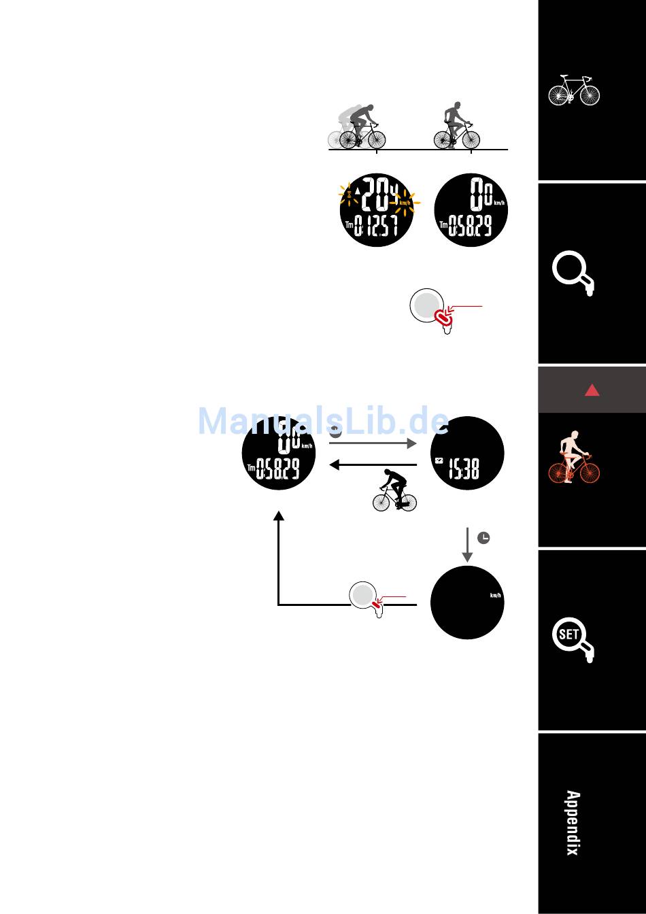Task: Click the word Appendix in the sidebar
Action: [573, 823]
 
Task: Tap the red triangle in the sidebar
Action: [592, 390]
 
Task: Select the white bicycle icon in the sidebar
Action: [574, 90]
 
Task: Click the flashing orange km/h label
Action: [405, 202]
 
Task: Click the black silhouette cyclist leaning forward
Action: [394, 490]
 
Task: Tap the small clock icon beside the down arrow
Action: [483, 538]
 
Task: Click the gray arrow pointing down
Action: [467, 544]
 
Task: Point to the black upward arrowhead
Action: [278, 516]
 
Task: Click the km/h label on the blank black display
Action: [496, 596]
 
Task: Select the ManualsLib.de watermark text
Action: [323, 422]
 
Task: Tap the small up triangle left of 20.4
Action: [358, 200]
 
